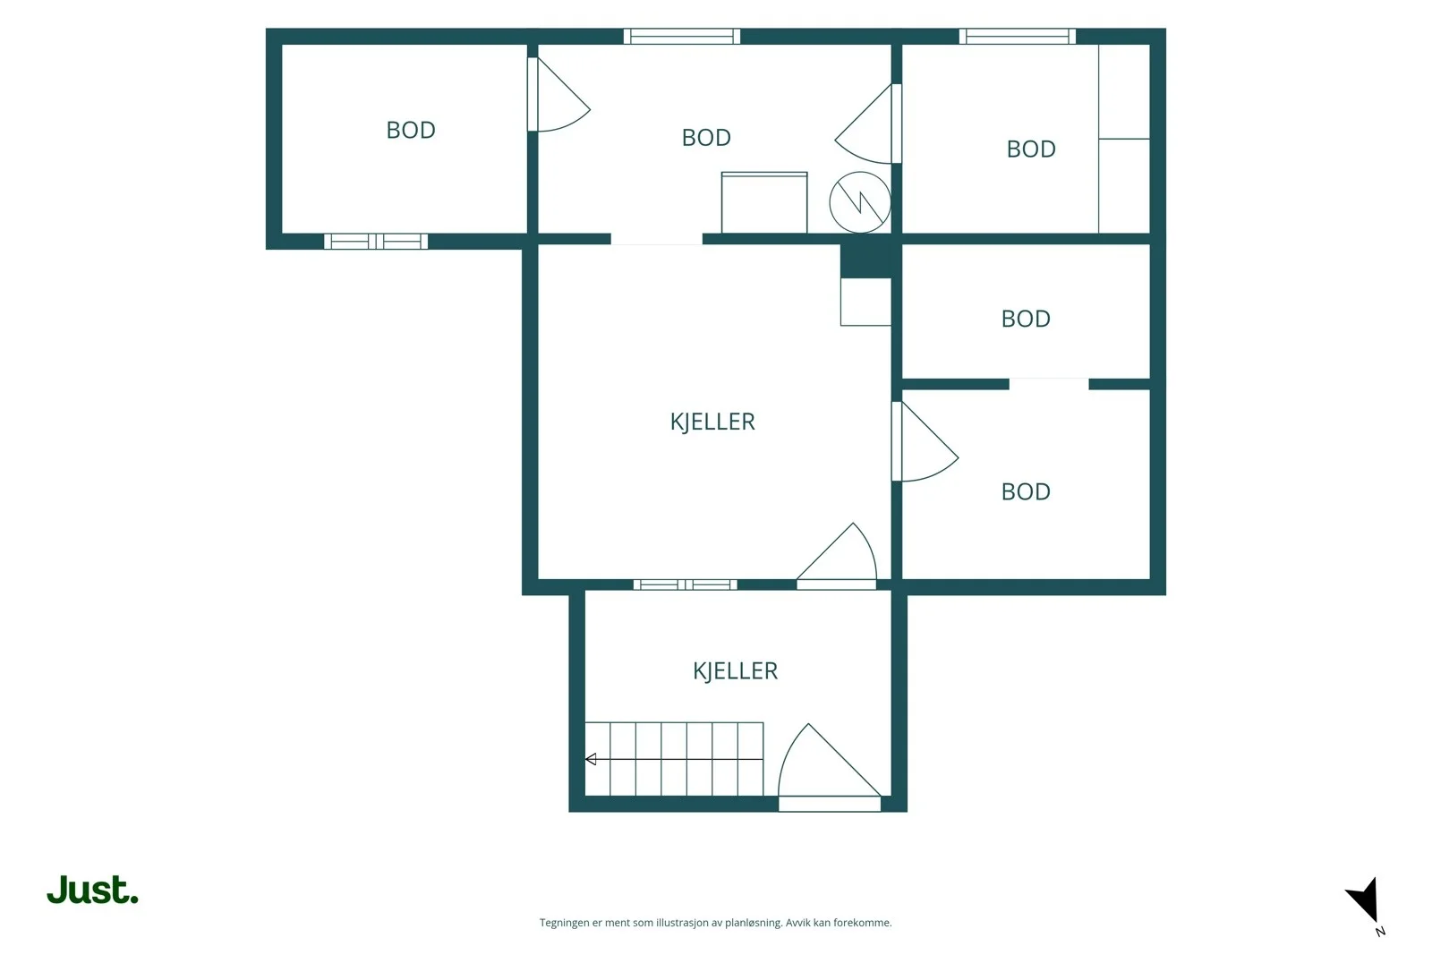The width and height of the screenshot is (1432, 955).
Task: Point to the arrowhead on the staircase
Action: [591, 759]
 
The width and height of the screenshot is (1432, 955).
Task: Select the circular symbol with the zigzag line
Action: [860, 202]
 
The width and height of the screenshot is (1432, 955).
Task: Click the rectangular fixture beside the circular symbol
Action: [764, 202]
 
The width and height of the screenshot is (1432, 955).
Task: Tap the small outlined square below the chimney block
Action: [865, 302]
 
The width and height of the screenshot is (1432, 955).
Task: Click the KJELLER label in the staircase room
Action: [735, 670]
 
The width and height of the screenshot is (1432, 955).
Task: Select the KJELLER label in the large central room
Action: [712, 422]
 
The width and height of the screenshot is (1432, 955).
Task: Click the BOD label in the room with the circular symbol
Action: [706, 138]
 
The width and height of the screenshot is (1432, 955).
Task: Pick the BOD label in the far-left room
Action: [411, 130]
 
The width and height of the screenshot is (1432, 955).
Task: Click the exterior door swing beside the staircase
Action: [829, 767]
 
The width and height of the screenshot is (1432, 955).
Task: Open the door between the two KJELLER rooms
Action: [836, 556]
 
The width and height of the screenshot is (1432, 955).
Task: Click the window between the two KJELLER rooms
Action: [685, 584]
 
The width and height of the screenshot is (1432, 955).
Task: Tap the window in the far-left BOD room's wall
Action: [375, 242]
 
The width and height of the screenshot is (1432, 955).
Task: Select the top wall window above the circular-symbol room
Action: [681, 37]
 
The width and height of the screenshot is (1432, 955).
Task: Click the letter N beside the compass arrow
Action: [1380, 932]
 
